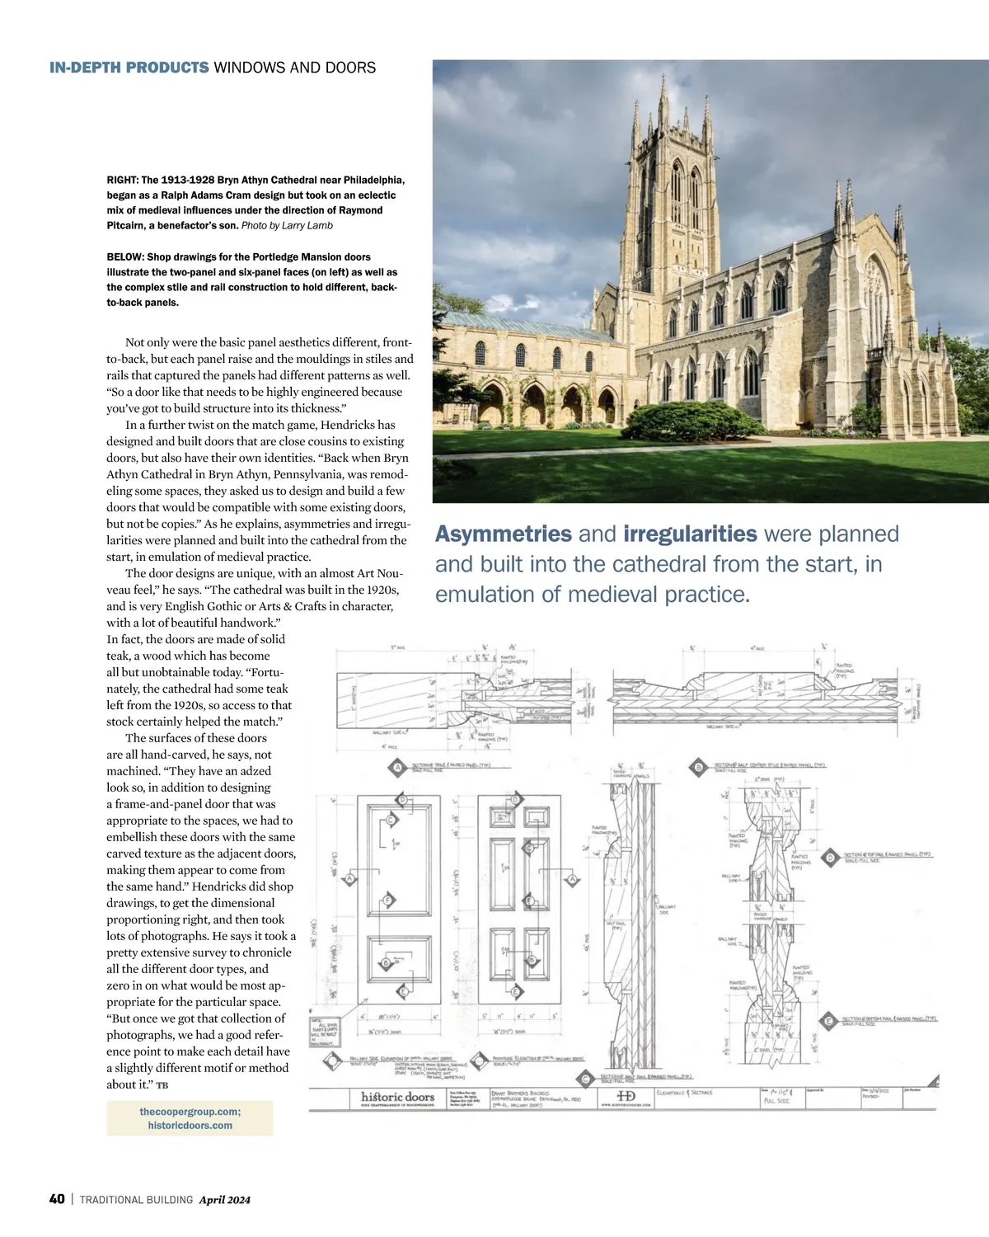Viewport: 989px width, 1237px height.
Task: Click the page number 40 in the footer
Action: click(x=57, y=1199)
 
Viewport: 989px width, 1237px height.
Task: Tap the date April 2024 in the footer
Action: click(x=224, y=1200)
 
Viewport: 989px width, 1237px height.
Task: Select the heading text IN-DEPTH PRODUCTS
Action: click(x=129, y=68)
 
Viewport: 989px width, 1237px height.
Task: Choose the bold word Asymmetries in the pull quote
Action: click(x=503, y=534)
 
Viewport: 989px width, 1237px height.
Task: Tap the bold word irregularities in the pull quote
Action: click(x=690, y=534)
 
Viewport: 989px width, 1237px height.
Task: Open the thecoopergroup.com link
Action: click(x=190, y=1112)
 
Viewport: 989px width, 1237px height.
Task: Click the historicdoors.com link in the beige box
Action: click(x=190, y=1125)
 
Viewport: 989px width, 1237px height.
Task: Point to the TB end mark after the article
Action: click(x=162, y=1085)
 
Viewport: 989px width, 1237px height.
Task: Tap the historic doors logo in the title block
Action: click(x=397, y=1097)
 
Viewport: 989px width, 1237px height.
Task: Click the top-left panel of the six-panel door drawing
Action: click(x=500, y=817)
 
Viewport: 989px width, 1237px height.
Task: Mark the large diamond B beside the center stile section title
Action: click(x=699, y=768)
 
